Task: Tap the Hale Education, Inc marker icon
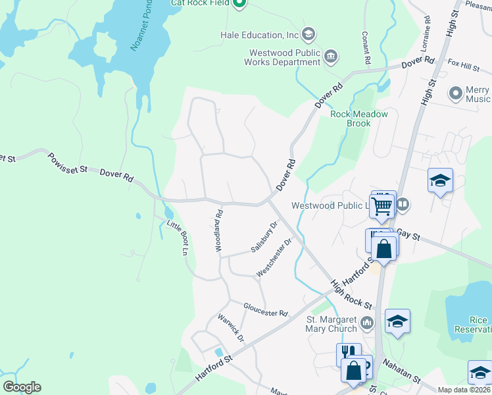pyautogui.click(x=309, y=34)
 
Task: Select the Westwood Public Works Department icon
pyautogui.click(x=331, y=57)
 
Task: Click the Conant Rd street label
pyautogui.click(x=365, y=48)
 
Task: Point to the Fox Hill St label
pyautogui.click(x=464, y=66)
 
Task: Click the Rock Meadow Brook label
pyautogui.click(x=359, y=118)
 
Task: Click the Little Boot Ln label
pyautogui.click(x=177, y=238)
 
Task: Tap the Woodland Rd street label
pyautogui.click(x=219, y=230)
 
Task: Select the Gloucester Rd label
pyautogui.click(x=266, y=309)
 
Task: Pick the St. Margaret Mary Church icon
pyautogui.click(x=367, y=323)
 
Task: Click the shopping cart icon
pyautogui.click(x=381, y=205)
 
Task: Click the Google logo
pyautogui.click(x=22, y=387)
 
